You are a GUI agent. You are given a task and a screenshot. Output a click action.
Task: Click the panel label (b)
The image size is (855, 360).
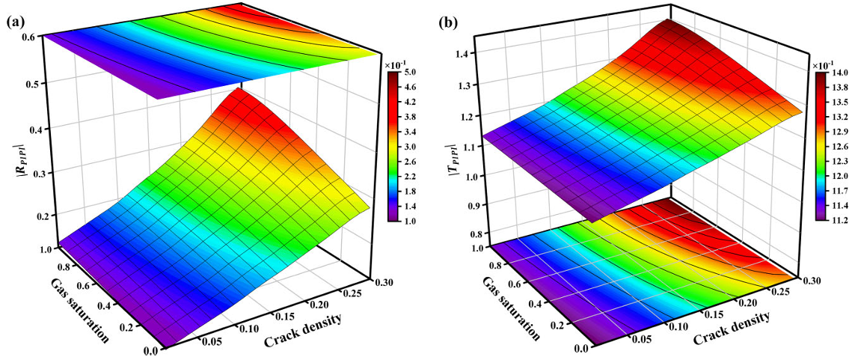[447, 22]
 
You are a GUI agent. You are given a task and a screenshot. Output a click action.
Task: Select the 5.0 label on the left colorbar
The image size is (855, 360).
[411, 73]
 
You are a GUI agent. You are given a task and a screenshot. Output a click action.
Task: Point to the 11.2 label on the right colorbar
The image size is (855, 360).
[838, 219]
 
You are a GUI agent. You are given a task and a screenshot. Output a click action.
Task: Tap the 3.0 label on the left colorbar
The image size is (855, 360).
[411, 147]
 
